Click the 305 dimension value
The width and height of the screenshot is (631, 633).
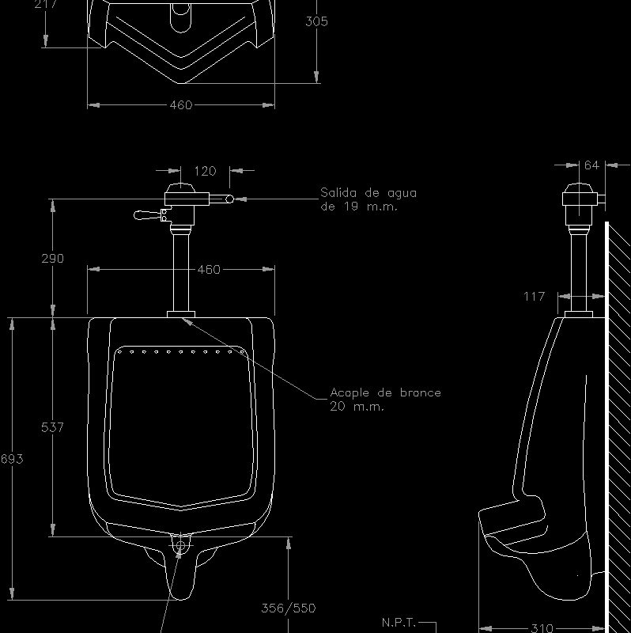click(316, 22)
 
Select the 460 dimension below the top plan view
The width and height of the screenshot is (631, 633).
click(181, 105)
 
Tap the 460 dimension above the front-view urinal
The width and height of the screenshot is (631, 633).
click(208, 270)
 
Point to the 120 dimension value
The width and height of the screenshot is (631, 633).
click(205, 171)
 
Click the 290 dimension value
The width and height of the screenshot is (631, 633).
click(52, 258)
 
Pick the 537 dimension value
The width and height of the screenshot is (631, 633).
click(52, 427)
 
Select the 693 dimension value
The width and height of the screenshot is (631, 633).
click(12, 459)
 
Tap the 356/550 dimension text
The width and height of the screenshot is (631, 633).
click(288, 608)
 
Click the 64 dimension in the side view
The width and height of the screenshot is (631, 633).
click(591, 165)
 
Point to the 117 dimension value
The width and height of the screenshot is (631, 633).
click(535, 297)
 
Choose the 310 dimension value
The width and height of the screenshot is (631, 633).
click(542, 627)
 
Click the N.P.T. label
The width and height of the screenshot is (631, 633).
click(399, 622)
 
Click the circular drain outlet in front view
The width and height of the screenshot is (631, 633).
click(181, 544)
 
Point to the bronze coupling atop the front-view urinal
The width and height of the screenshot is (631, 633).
click(181, 314)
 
